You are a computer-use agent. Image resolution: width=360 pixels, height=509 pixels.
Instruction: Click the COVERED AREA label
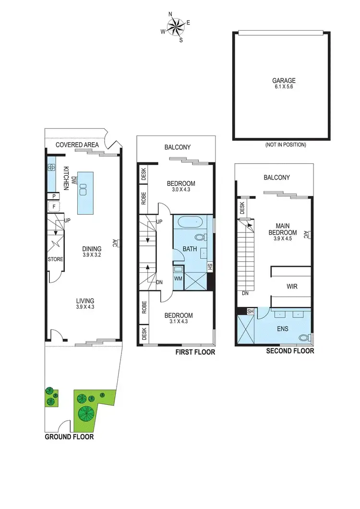coord(77,145)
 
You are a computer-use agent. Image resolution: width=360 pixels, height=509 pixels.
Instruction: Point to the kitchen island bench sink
coord(83,190)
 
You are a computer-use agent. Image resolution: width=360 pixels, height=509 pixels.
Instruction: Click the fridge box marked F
coord(53,207)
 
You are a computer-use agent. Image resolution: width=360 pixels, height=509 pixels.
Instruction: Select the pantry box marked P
coord(53,196)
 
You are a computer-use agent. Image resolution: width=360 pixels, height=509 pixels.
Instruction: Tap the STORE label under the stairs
coord(55,259)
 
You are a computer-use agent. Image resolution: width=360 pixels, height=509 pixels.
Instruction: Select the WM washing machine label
coord(178,279)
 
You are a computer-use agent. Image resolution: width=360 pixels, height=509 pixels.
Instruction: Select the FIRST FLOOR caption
coord(195,352)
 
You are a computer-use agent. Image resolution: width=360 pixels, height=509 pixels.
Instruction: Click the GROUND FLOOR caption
coord(69,437)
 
